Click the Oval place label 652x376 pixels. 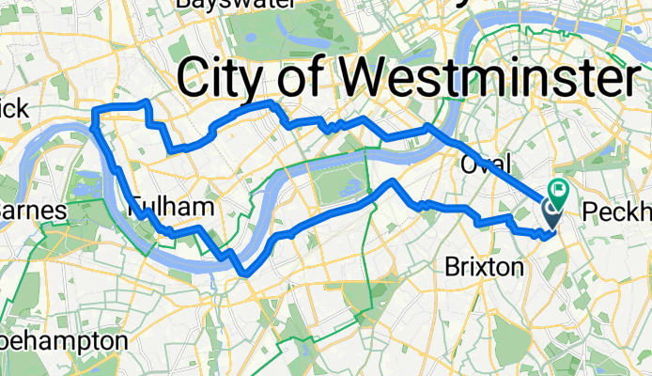click(486, 164)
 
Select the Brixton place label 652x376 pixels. click(483, 267)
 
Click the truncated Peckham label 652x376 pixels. click(616, 211)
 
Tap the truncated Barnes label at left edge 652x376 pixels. click(33, 211)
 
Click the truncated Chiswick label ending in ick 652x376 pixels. click(14, 109)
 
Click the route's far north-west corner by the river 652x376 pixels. click(94, 113)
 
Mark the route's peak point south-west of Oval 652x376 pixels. click(393, 181)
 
